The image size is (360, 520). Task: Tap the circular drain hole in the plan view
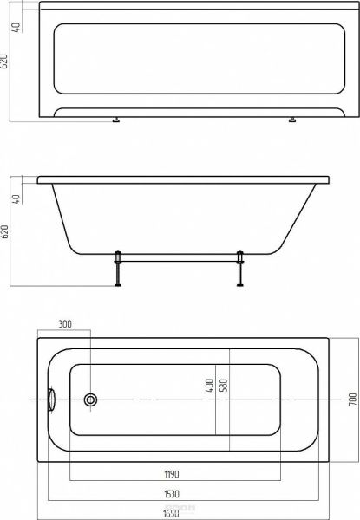coord(90,400)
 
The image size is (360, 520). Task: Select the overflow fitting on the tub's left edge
coord(51,400)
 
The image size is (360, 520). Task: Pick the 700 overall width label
coord(352,400)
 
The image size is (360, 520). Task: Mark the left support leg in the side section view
coord(117,270)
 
